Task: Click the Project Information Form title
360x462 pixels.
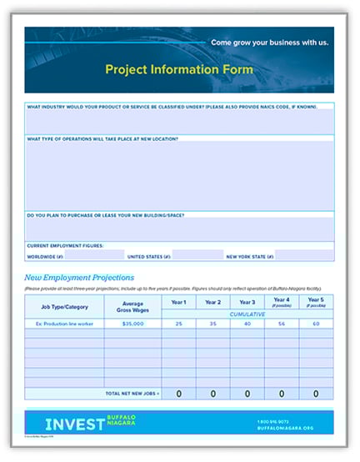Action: [179, 69]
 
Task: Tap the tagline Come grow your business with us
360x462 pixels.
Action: [269, 42]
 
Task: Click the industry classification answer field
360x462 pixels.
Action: [179, 123]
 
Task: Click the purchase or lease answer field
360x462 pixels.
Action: [179, 228]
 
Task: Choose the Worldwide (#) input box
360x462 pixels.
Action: [88, 256]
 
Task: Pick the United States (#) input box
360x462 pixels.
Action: [197, 256]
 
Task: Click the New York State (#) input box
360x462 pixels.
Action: [304, 256]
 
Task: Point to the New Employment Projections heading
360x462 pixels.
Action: [79, 278]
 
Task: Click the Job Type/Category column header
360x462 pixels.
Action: [64, 307]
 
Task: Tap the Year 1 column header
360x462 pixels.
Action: [178, 302]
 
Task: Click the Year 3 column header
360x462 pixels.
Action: [247, 302]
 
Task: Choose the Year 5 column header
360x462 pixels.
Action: [316, 302]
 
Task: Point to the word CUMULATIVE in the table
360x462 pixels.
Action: [247, 314]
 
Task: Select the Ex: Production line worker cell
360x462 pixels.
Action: [64, 324]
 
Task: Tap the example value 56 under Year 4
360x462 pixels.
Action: [282, 324]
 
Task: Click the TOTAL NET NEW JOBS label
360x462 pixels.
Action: [132, 394]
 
